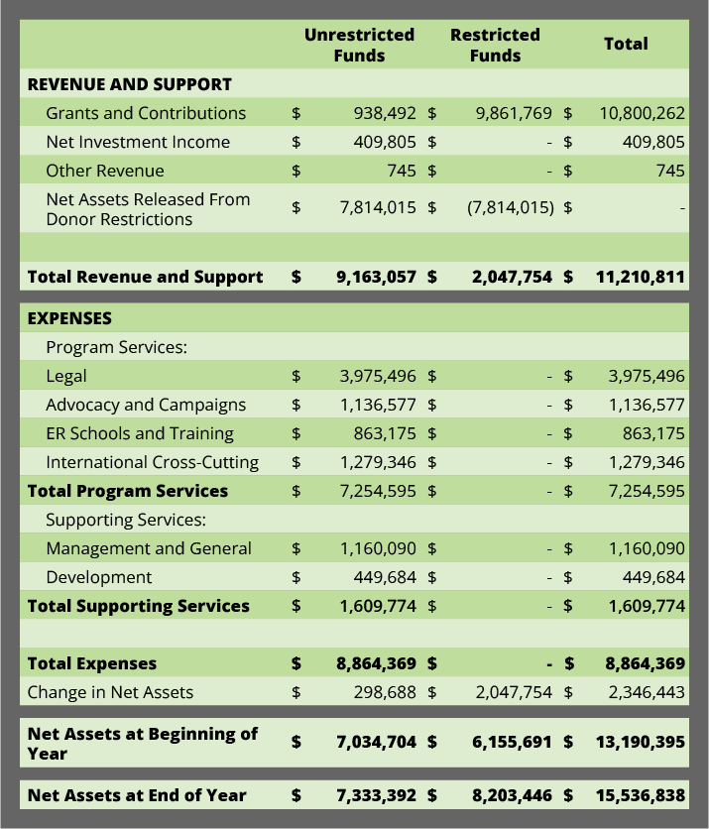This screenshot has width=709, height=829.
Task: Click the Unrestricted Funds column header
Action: (x=359, y=45)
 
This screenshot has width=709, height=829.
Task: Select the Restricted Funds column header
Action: (x=495, y=45)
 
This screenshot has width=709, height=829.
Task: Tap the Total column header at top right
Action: (x=626, y=44)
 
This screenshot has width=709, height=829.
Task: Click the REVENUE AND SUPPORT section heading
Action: (x=130, y=84)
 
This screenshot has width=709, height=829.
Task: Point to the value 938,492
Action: (x=385, y=113)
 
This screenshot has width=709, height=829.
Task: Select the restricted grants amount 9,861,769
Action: (x=514, y=113)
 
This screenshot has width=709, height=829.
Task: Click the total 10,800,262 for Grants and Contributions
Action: (x=642, y=113)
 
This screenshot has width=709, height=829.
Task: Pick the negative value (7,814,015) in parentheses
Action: (x=511, y=207)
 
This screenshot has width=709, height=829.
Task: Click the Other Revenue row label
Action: (x=105, y=171)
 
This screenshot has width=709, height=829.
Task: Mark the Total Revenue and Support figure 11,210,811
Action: (x=641, y=277)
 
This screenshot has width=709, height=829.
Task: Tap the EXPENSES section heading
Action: (x=69, y=318)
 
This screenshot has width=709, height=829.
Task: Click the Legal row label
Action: (x=66, y=376)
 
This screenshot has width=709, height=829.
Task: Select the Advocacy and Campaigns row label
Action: (x=146, y=405)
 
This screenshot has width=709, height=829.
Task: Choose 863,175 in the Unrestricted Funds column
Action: (x=385, y=433)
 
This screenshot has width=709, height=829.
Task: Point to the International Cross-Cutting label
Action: (x=153, y=462)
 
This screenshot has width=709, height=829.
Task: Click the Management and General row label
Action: (x=149, y=548)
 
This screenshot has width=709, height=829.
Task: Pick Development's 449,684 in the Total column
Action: (x=653, y=577)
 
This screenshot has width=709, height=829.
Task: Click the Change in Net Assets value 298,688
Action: (x=385, y=692)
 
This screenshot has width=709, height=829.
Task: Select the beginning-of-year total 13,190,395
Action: (x=641, y=743)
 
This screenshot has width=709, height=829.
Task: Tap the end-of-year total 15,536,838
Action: (x=641, y=795)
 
